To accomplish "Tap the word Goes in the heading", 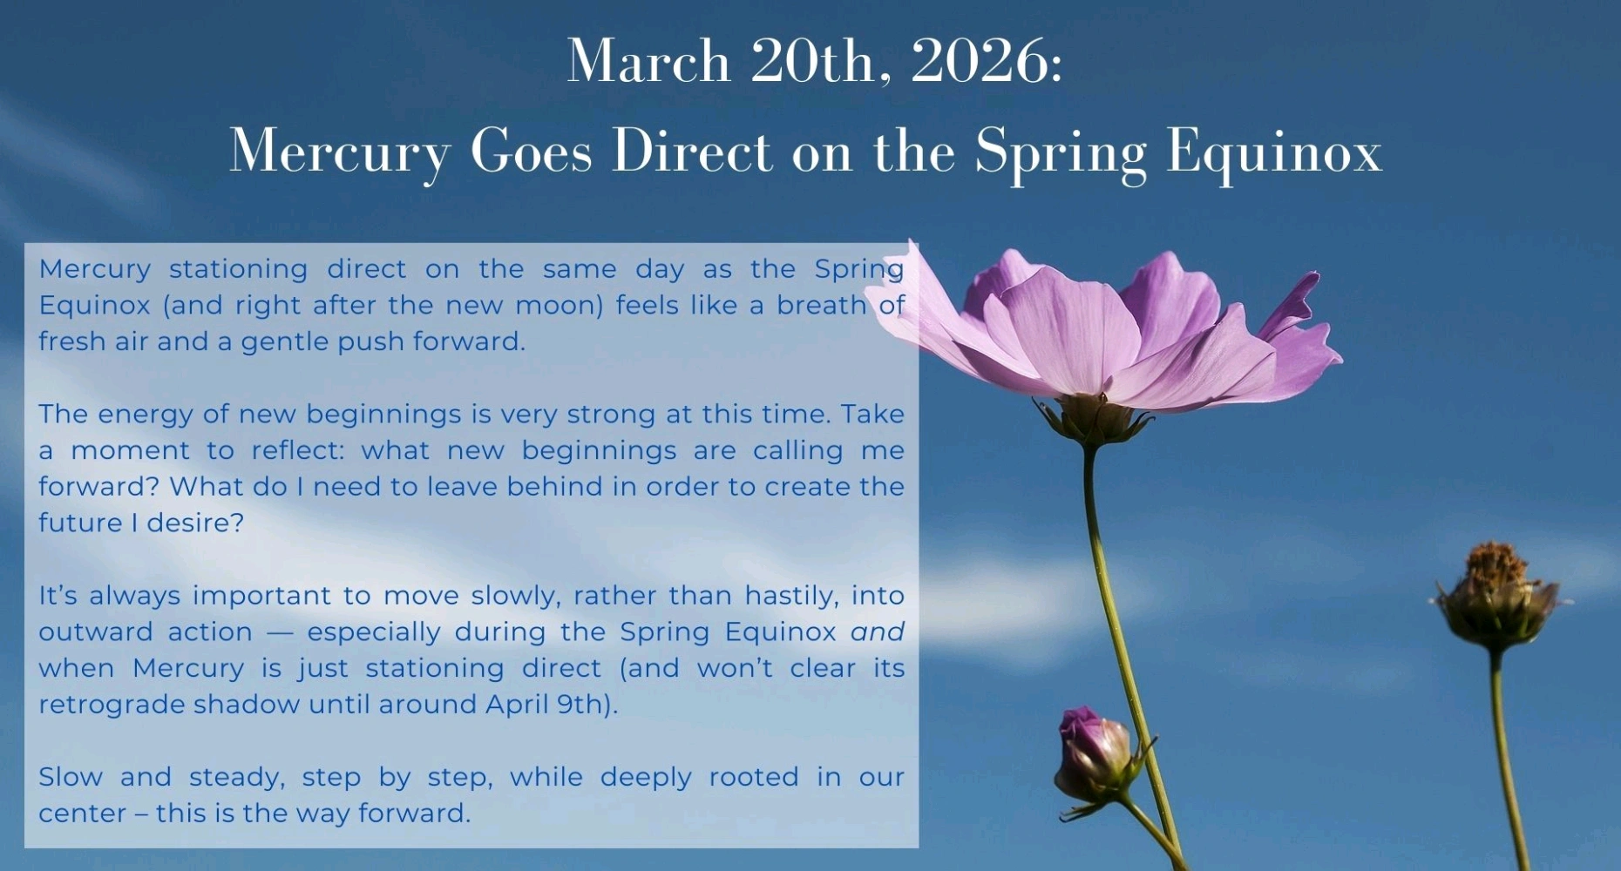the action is click(x=532, y=151).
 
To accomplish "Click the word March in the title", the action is click(x=648, y=61).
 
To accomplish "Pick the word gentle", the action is click(x=285, y=341).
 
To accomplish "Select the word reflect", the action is click(x=299, y=450).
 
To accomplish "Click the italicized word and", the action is click(x=878, y=631).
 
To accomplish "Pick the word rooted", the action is click(x=753, y=777).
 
